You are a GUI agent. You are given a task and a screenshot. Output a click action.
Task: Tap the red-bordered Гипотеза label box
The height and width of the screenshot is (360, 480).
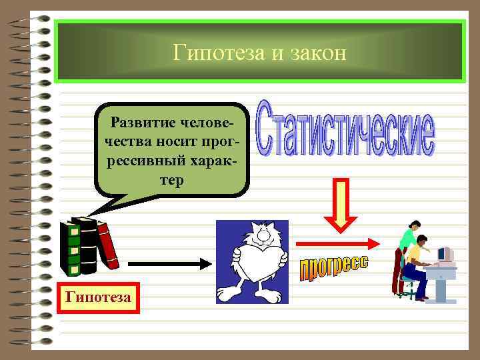(99, 297)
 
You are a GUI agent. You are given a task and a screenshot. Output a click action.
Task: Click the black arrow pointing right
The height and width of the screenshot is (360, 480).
(169, 264)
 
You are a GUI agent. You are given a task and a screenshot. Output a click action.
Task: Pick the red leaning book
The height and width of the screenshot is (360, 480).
(107, 244)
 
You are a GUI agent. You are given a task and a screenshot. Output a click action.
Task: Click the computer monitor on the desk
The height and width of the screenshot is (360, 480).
(445, 254)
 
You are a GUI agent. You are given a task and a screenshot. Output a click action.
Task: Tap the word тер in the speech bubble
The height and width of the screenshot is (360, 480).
(172, 181)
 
